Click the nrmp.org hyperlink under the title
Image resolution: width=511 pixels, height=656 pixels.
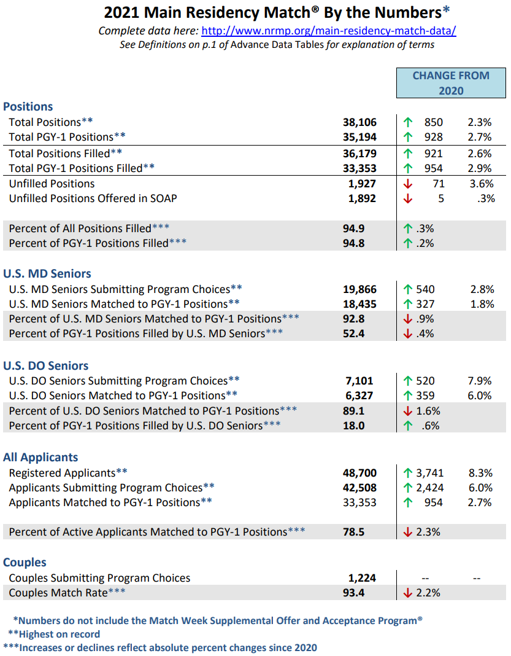(328, 31)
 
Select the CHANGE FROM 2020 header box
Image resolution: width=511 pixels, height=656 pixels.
(451, 83)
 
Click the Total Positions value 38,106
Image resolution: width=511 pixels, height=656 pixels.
(359, 122)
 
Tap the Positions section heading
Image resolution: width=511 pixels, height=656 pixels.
(28, 106)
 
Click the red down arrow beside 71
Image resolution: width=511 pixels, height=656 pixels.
(408, 184)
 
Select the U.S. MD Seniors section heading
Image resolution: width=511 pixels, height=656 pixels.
(47, 273)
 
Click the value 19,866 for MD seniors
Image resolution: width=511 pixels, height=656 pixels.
(359, 289)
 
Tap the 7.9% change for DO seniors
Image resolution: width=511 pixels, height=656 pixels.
(480, 381)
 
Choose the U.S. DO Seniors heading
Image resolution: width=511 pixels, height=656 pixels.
(46, 365)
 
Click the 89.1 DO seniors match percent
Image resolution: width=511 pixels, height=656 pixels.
(354, 410)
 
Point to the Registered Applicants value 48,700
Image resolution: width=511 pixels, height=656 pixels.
(359, 473)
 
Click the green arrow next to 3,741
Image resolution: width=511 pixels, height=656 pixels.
(408, 473)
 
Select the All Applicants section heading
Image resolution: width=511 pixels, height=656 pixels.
(40, 457)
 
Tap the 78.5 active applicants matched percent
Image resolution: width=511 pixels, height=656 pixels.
(354, 532)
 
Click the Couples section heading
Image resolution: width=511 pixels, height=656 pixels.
(25, 562)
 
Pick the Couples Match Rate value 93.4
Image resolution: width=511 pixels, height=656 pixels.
(354, 593)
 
